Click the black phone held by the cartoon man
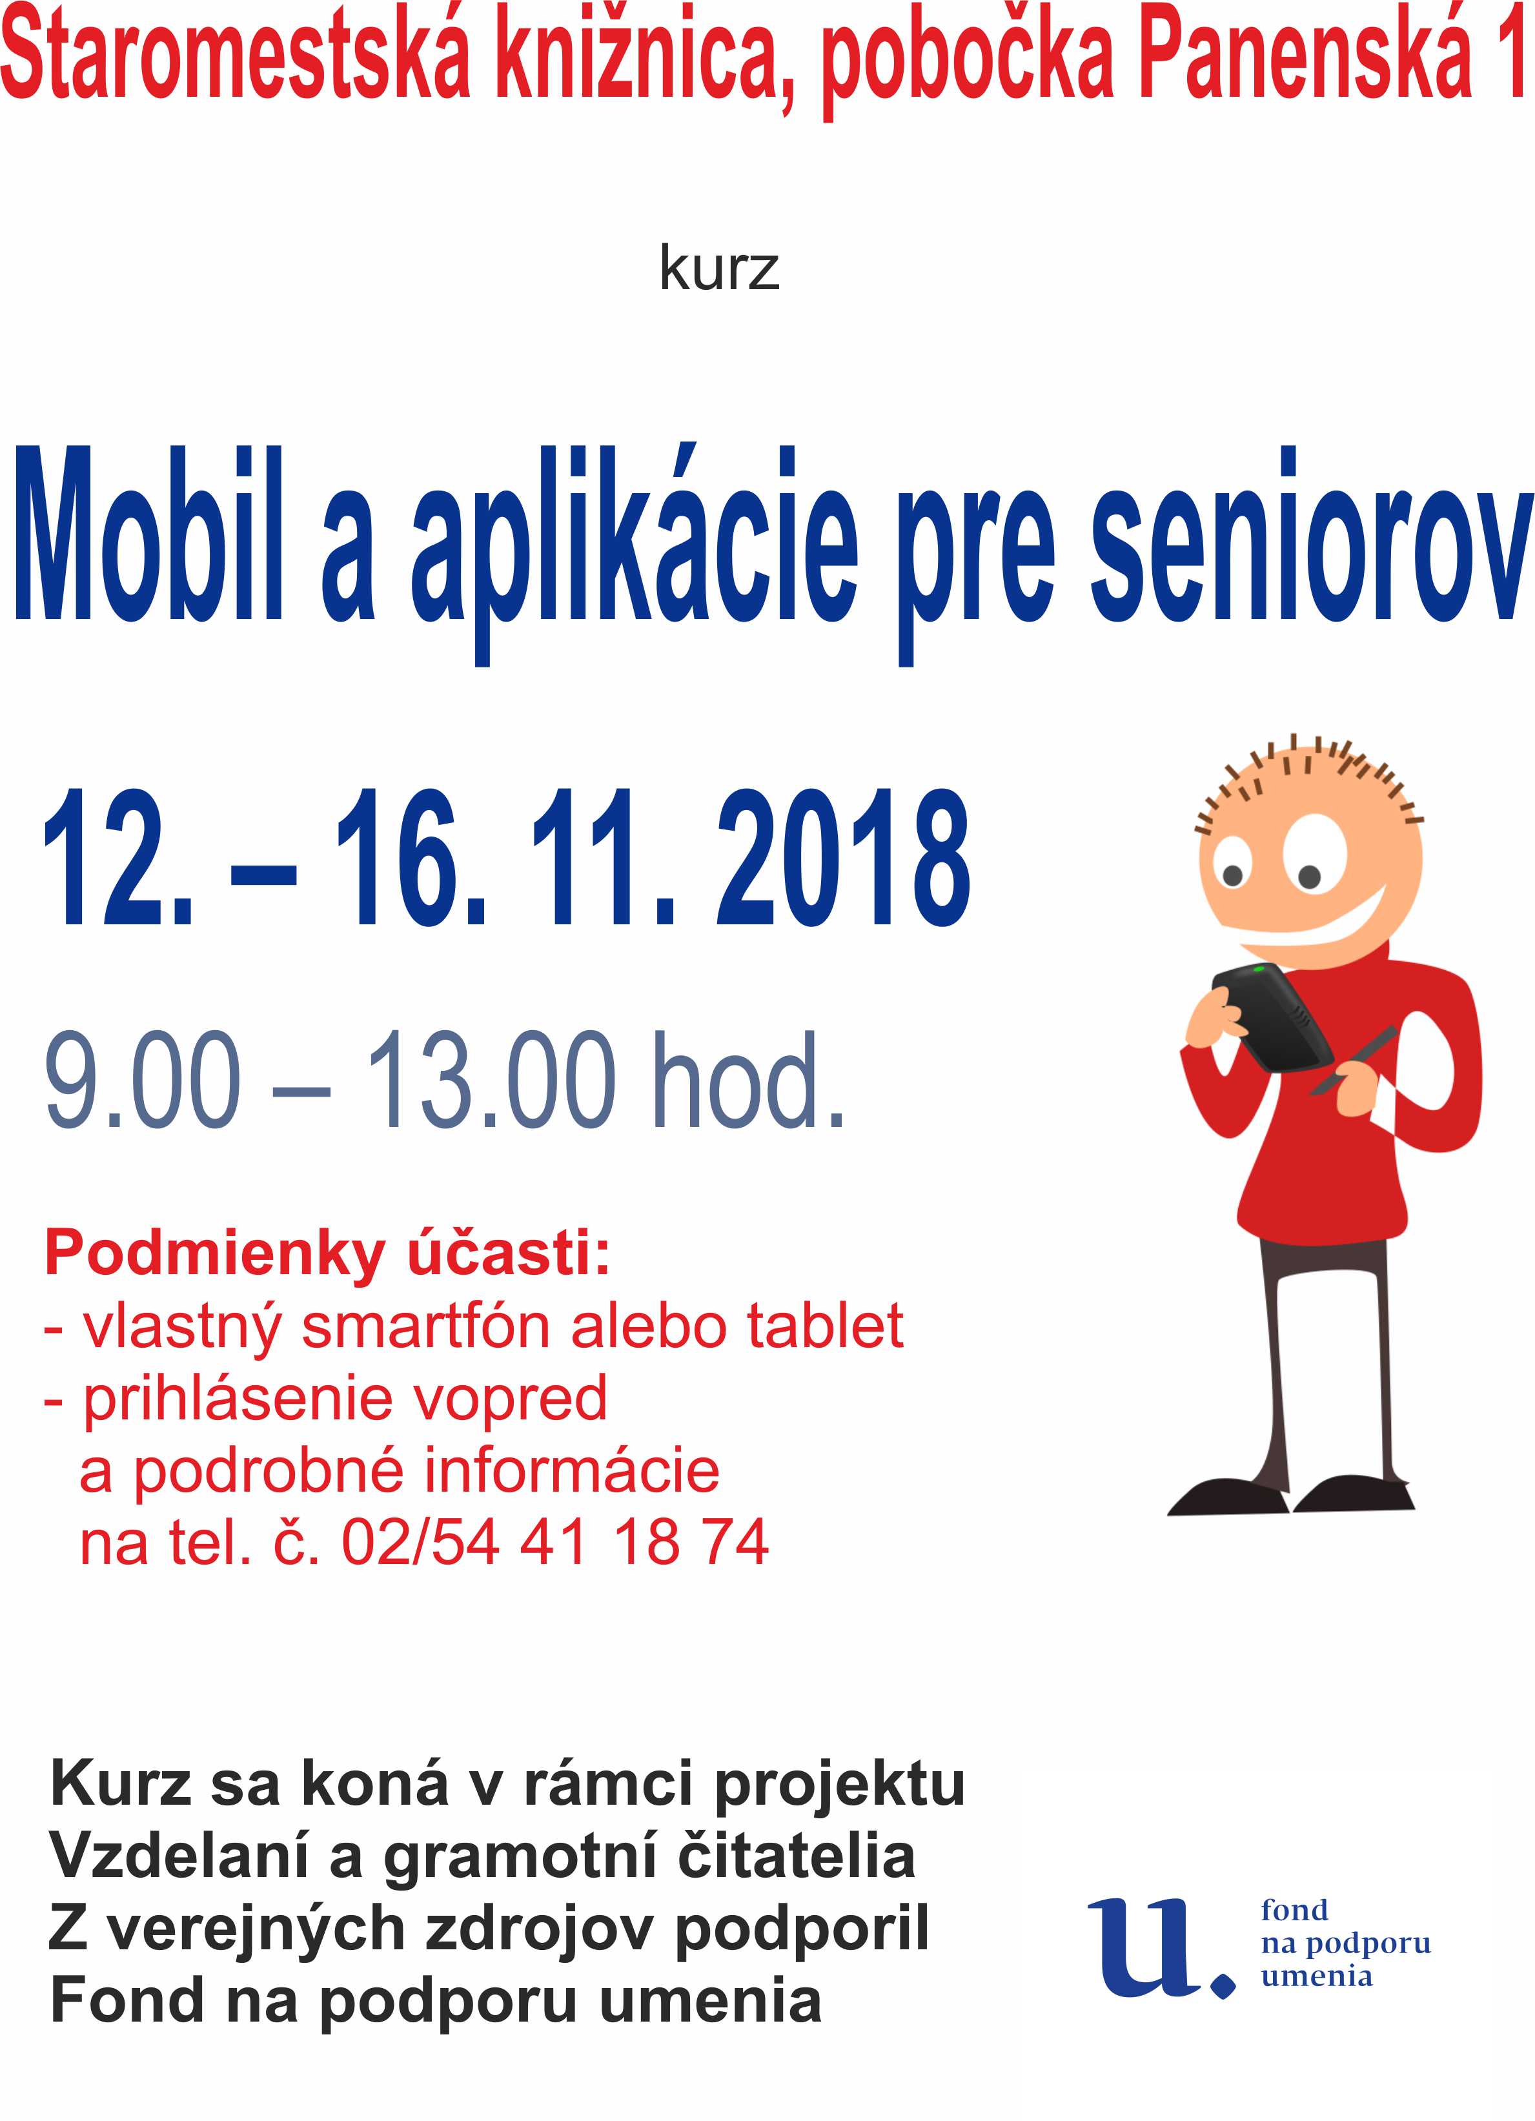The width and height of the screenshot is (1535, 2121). (x=1271, y=1017)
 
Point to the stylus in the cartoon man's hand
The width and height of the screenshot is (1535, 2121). (x=1354, y=1060)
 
